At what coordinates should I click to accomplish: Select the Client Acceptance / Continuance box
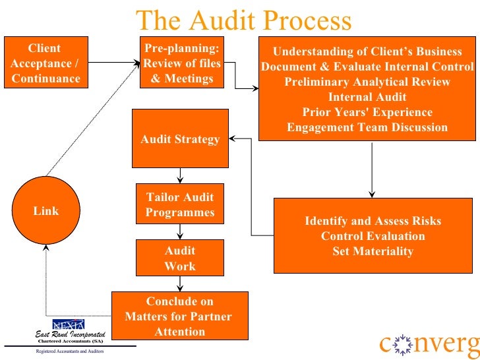45,63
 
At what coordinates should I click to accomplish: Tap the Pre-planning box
182,63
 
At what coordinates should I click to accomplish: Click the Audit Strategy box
180,139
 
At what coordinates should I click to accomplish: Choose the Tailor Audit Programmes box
180,204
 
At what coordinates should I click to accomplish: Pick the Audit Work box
180,258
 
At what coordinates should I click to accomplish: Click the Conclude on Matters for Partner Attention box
180,316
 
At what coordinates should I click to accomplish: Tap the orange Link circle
45,211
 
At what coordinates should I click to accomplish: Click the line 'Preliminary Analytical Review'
367,82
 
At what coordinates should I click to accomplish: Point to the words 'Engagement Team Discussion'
367,127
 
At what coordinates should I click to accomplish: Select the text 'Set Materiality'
373,251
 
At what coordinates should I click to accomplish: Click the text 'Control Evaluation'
373,236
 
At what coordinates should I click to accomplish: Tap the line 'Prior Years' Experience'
367,112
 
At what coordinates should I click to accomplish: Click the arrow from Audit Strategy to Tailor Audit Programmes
180,175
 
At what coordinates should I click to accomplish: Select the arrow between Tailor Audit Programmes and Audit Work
180,232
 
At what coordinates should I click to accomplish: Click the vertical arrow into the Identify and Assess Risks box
373,169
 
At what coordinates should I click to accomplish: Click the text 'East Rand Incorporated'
70,335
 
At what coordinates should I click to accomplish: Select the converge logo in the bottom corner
429,344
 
